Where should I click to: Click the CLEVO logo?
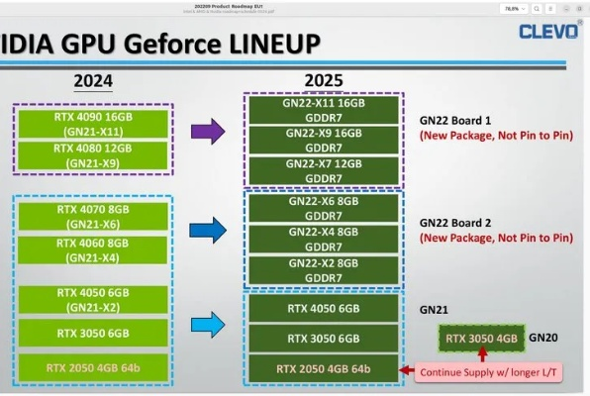547,31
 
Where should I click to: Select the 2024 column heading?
93,80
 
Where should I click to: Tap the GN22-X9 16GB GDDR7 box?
323,140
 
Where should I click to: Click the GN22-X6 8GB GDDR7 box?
323,208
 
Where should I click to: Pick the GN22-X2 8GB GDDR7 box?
323,271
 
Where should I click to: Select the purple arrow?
207,132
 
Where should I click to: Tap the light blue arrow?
207,325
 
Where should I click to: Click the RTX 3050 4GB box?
481,339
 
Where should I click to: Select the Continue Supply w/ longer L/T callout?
491,373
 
